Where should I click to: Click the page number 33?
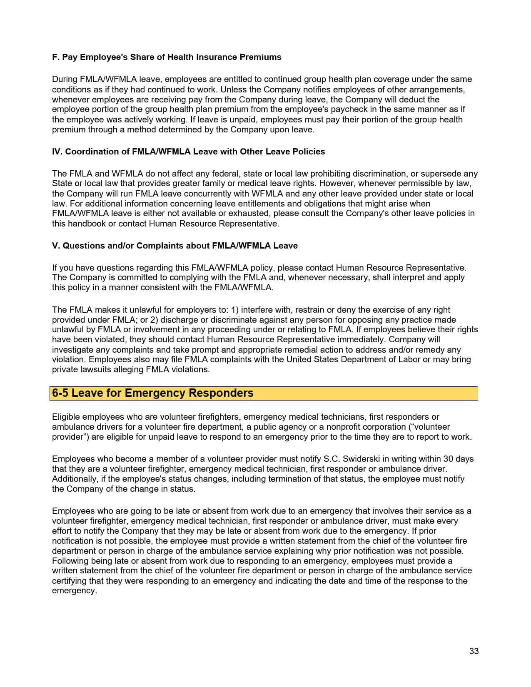[x=474, y=651]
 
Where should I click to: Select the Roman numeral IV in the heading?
[x=57, y=152]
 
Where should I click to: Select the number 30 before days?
[x=448, y=459]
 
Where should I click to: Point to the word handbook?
[x=87, y=224]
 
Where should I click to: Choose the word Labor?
[x=409, y=359]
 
